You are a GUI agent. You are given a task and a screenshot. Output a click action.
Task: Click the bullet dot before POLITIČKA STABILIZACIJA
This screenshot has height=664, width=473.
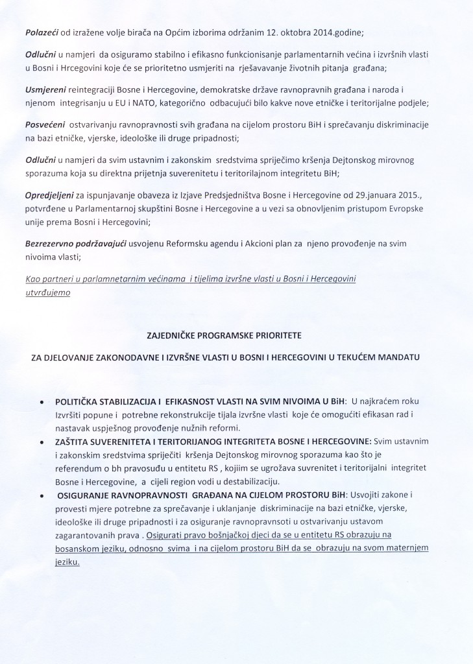click(x=43, y=403)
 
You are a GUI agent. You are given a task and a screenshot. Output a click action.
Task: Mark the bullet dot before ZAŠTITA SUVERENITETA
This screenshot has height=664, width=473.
click(x=43, y=441)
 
